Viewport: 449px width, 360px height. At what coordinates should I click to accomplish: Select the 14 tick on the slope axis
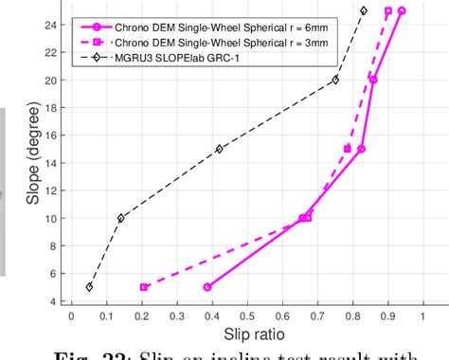54,163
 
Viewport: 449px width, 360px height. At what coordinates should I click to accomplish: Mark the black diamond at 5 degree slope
89,287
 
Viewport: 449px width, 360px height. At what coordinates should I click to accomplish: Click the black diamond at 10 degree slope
120,218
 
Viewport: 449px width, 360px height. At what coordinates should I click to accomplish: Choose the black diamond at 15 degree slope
219,149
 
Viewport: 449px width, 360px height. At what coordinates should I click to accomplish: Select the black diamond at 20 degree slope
334,80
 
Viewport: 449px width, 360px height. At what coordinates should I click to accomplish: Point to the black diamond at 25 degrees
363,10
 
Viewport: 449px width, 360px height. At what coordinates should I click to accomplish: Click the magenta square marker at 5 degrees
144,287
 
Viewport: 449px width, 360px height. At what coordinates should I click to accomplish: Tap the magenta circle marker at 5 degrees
207,287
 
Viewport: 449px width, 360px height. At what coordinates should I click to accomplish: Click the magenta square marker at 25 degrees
387,10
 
